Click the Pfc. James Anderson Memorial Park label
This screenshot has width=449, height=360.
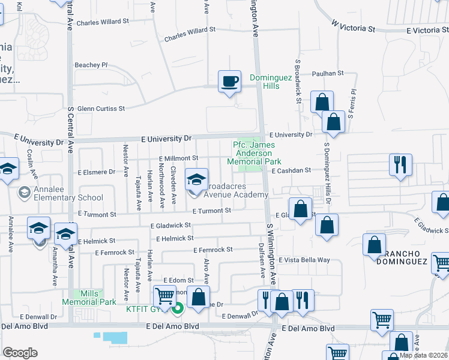click(x=255, y=153)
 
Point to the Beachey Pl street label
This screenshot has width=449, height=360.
click(x=91, y=65)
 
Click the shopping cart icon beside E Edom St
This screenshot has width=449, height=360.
click(x=165, y=296)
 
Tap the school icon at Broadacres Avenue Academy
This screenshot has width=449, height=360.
click(x=196, y=179)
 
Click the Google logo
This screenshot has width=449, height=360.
click(x=20, y=353)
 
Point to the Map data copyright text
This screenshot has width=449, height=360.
click(x=423, y=355)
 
